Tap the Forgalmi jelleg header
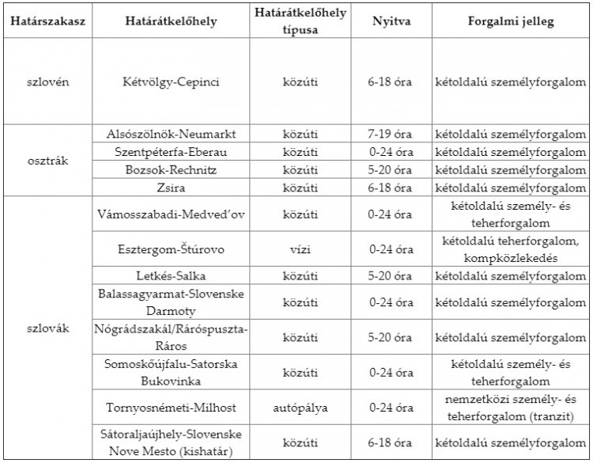pos(510,21)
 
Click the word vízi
pos(300,249)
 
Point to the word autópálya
pos(300,408)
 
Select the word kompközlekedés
pos(510,258)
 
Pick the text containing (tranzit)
pos(510,417)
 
